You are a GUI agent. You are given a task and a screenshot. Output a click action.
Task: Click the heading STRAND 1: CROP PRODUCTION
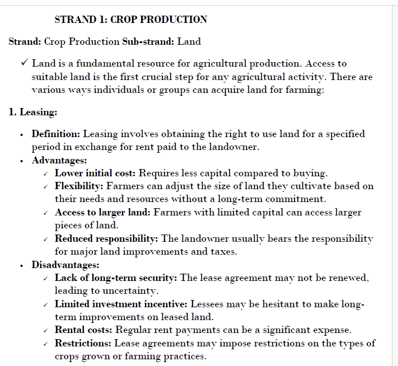131,20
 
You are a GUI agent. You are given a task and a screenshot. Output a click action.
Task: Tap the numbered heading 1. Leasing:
32,112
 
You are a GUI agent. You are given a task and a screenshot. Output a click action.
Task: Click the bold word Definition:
56,134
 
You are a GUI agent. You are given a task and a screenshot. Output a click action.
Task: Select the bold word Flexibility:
79,186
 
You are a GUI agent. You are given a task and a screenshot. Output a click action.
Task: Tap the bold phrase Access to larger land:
102,212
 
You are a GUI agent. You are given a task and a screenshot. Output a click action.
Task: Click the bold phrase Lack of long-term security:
116,278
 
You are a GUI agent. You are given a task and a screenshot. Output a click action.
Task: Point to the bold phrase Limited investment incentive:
121,304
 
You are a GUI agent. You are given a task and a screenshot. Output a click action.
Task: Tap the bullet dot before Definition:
21,134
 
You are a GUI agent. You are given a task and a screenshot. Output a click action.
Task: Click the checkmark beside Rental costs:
45,331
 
